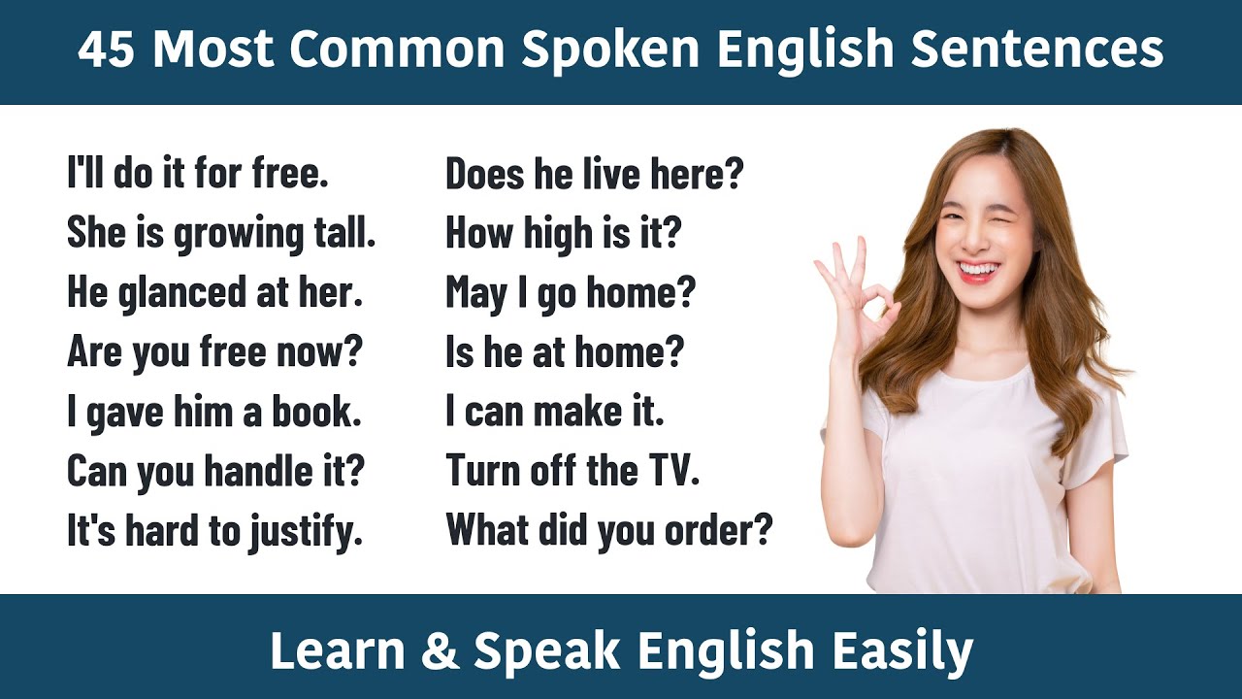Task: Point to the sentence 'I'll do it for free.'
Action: pos(198,175)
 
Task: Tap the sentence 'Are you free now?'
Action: pos(213,352)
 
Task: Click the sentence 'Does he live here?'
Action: pos(594,175)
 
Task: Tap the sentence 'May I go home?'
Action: pos(571,293)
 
